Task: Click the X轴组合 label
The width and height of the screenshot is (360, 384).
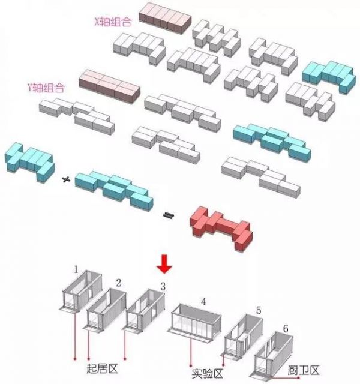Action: click(x=113, y=22)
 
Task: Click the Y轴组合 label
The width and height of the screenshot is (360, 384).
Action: click(x=46, y=88)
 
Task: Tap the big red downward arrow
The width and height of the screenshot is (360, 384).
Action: click(x=164, y=264)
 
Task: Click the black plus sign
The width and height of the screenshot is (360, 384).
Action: click(x=66, y=180)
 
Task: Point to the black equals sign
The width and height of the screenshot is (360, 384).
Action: click(x=169, y=215)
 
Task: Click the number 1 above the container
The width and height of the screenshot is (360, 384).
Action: click(x=76, y=269)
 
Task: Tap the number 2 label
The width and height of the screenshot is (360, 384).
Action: click(x=119, y=283)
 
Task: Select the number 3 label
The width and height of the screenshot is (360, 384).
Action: click(x=163, y=287)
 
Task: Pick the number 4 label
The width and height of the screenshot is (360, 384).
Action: click(x=203, y=302)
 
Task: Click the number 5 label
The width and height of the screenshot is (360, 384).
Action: click(x=259, y=311)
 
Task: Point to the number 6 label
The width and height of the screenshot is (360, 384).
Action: click(x=286, y=329)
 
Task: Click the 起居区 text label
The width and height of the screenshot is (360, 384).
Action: click(x=102, y=368)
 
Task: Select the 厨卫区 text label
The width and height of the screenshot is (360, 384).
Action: click(x=304, y=370)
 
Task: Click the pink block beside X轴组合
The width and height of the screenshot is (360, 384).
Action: click(x=165, y=18)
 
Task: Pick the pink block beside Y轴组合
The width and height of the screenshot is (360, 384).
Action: click(x=109, y=86)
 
